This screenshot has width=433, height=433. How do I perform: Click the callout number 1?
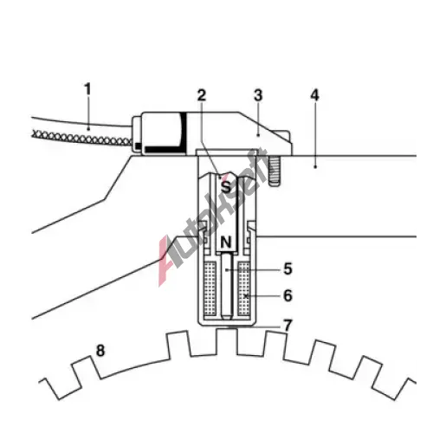point(87,89)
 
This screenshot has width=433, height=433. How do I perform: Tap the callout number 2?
point(202,95)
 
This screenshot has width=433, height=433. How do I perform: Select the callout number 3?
point(258,95)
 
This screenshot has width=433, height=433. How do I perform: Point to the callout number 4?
point(314,95)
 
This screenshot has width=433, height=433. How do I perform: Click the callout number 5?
point(288,268)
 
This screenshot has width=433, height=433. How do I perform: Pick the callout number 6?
point(288,295)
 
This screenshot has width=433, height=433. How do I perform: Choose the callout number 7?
point(288,326)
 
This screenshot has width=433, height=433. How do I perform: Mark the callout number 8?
point(100,351)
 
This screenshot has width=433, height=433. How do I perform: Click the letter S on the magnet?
point(226,187)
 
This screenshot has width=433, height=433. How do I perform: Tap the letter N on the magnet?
point(226,242)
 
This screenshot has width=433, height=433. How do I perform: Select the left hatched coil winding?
point(210,288)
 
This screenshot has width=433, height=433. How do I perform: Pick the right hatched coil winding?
point(243,288)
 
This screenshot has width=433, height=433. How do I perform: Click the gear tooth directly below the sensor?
point(227,341)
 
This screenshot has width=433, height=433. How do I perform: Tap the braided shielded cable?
point(82,138)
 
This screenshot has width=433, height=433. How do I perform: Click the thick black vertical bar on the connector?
point(184,132)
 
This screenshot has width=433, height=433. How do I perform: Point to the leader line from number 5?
point(254,270)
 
